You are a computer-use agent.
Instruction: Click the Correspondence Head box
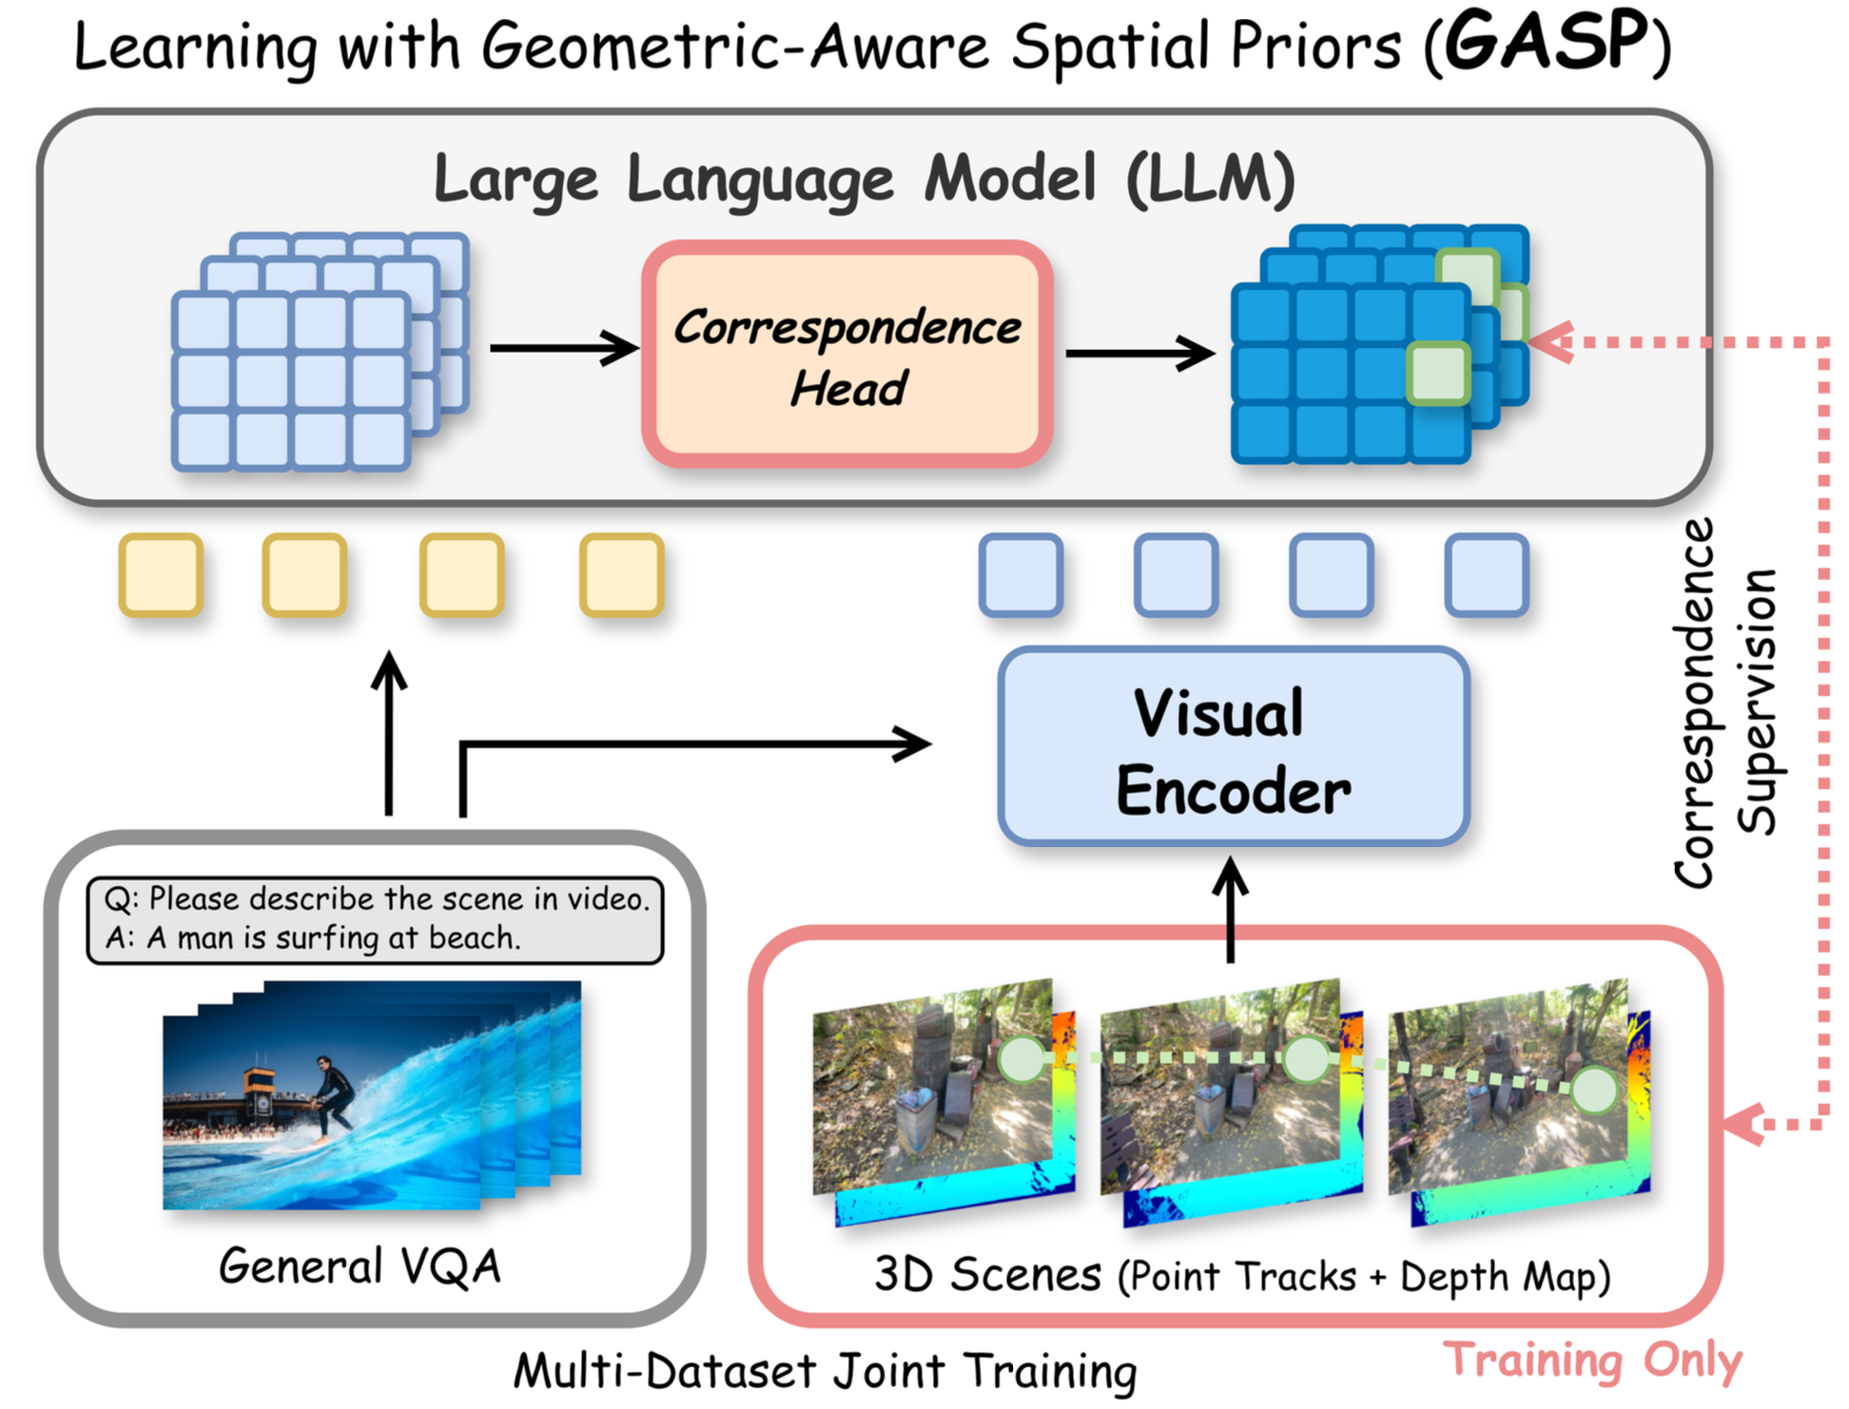coord(847,354)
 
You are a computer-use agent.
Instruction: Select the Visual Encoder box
coord(1233,747)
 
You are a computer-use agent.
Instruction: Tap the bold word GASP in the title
coord(1546,43)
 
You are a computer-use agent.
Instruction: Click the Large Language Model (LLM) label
coord(864,178)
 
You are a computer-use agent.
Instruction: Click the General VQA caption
coord(360,1266)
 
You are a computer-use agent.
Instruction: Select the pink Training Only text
coord(1592,1360)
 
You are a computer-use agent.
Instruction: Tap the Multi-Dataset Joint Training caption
coord(825,1371)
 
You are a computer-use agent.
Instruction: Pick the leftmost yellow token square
coord(161,575)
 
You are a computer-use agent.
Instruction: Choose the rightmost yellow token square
coord(621,575)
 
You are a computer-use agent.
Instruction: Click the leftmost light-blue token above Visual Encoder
coord(1021,575)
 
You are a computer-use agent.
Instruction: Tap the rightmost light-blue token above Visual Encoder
coord(1486,575)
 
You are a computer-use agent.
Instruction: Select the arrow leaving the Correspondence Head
coord(1139,353)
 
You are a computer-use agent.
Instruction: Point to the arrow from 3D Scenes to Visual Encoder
coord(1231,908)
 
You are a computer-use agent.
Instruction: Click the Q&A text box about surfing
coord(375,919)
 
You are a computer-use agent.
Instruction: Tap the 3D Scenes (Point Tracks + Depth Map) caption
coord(1241,1276)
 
